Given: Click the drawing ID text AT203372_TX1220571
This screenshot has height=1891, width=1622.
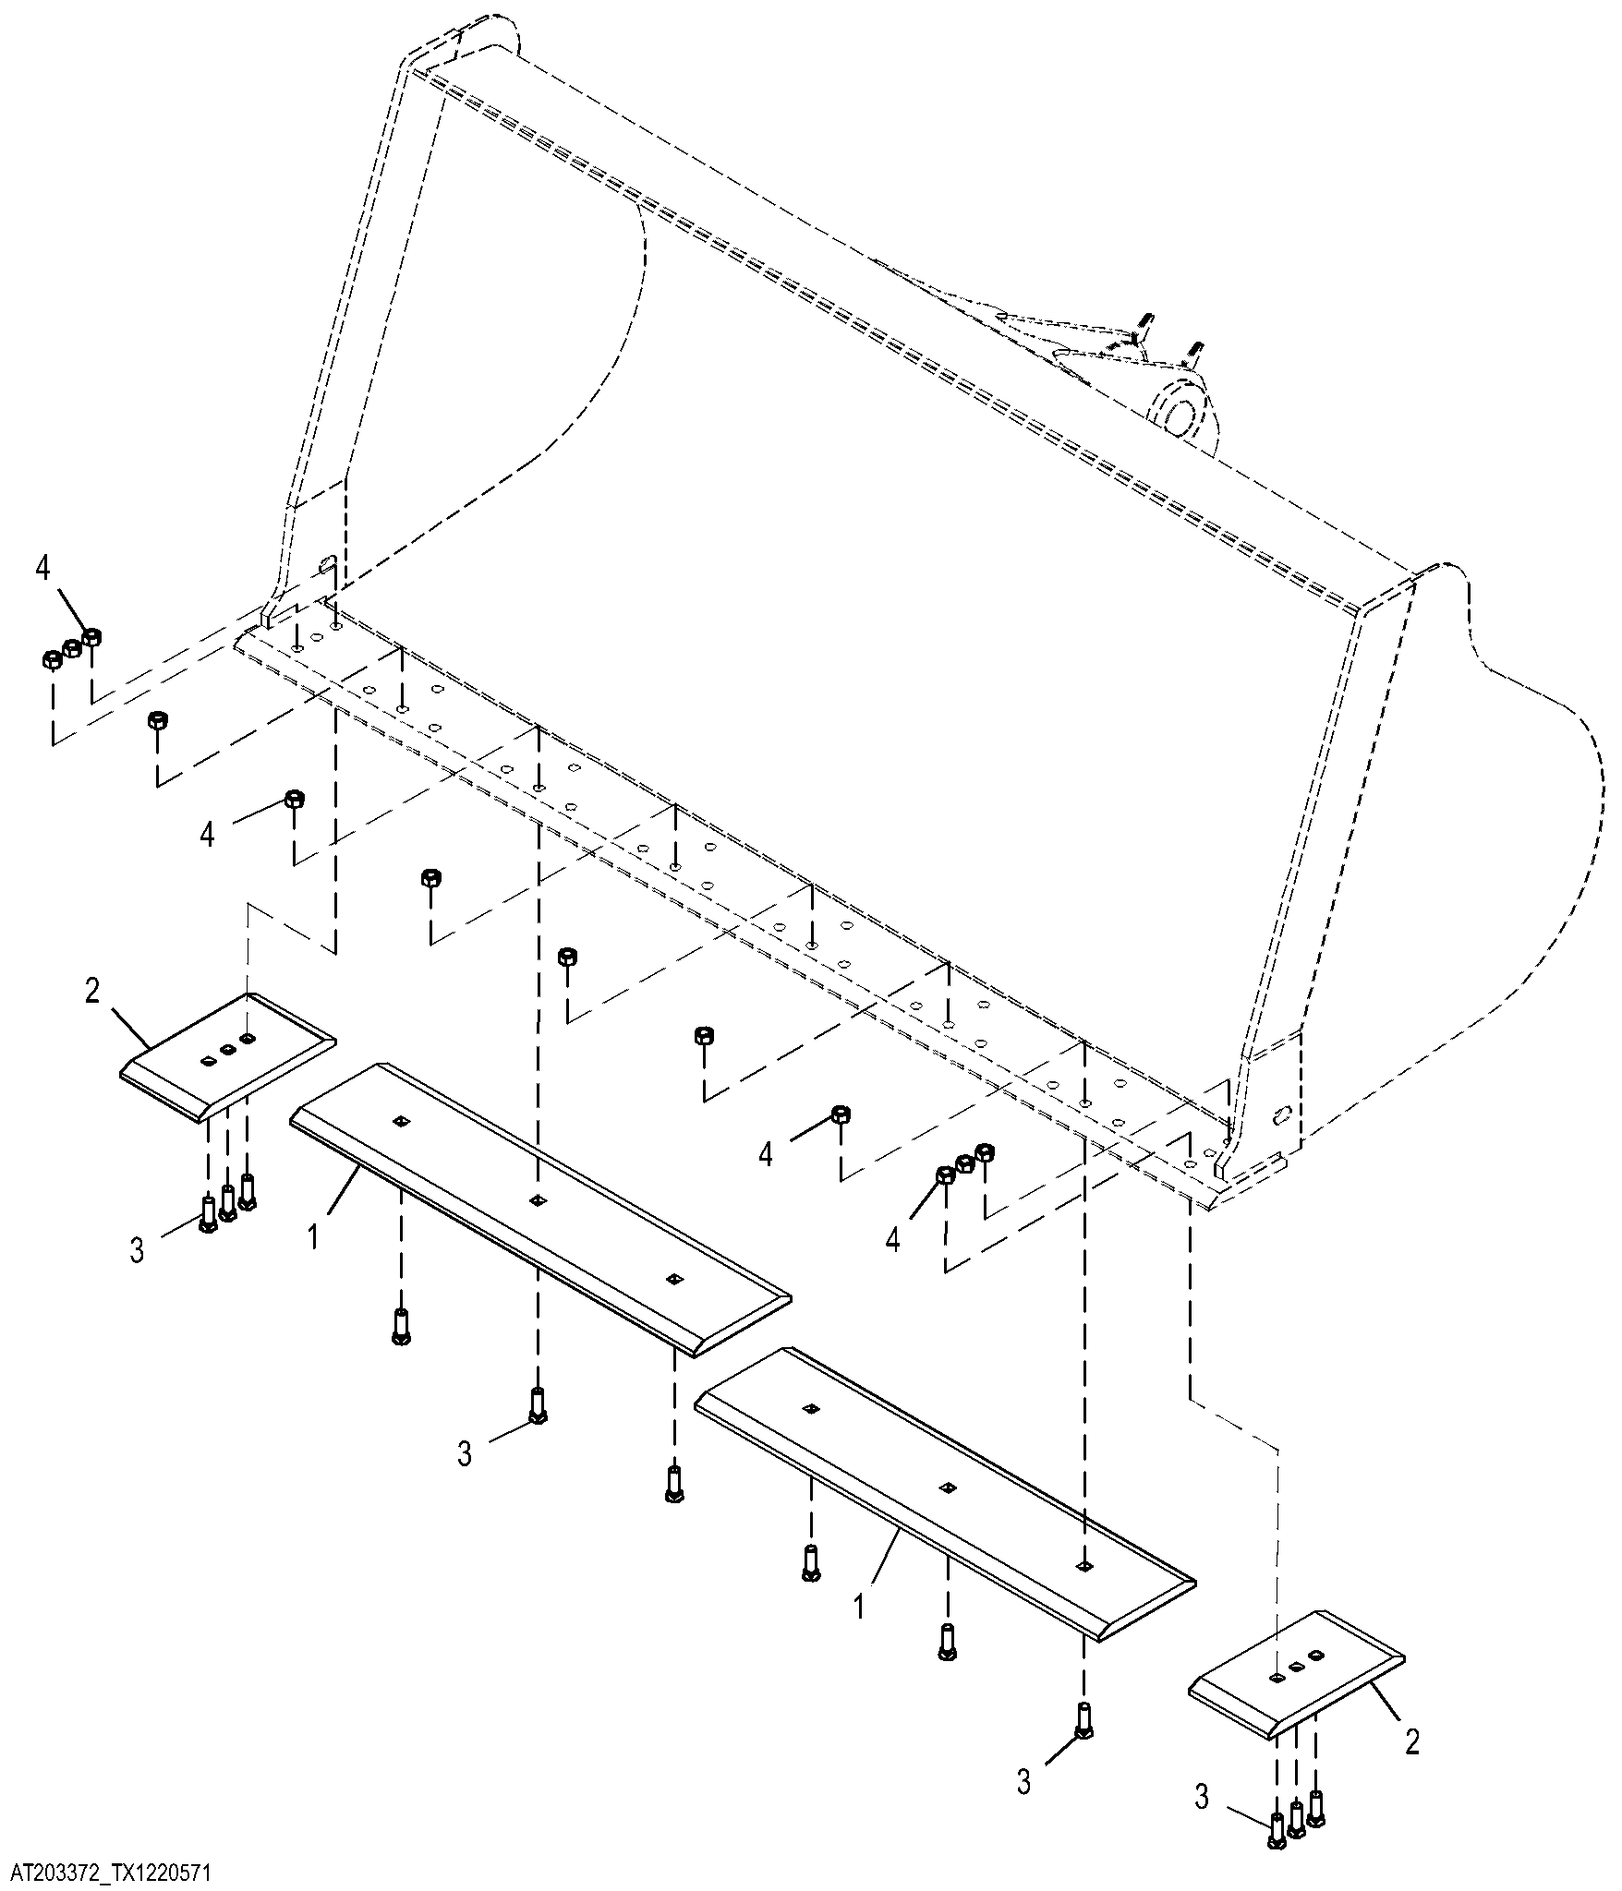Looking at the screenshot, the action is coord(111,1872).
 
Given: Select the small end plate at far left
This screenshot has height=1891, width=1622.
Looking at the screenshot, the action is coord(228,1057).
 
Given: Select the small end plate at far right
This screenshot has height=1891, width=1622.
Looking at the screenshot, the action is coord(1295,1674).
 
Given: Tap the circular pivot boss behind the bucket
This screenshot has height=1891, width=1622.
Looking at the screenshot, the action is coord(1180,411).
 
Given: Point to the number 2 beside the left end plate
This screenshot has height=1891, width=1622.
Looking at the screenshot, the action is coord(92,991).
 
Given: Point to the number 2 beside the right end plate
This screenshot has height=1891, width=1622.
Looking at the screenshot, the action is coord(1412,1742).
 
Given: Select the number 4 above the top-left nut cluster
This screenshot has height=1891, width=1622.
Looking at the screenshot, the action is coord(42,568).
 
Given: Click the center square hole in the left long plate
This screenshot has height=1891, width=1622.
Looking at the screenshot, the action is coord(537,1200).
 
